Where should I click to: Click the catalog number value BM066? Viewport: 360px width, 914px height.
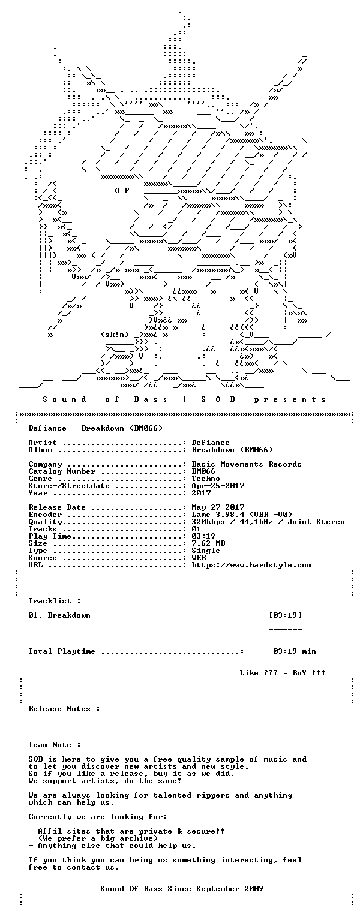203,471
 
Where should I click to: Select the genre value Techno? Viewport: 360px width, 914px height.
206,479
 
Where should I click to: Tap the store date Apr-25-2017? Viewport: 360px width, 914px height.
218,486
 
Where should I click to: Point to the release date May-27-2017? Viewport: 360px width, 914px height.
218,507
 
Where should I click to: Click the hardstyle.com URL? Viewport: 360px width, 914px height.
251,565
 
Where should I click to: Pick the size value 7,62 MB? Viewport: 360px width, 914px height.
208,543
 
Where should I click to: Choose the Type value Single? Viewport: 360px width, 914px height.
206,551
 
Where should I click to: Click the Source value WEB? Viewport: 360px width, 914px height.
199,558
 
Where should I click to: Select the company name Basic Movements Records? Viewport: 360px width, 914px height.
247,464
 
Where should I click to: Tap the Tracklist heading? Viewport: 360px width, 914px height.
54,600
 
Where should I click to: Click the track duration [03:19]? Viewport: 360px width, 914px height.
286,615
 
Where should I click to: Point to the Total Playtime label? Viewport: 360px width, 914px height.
62,651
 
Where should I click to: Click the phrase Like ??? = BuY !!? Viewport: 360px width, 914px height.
283,673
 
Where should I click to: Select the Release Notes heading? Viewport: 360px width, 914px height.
64,709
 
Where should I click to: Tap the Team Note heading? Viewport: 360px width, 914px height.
54,745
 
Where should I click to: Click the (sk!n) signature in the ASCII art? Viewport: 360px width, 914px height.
115,335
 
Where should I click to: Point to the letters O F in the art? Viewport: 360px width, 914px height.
122,191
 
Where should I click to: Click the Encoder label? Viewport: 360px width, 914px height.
45,515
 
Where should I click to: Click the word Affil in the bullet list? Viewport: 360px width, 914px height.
50,831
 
